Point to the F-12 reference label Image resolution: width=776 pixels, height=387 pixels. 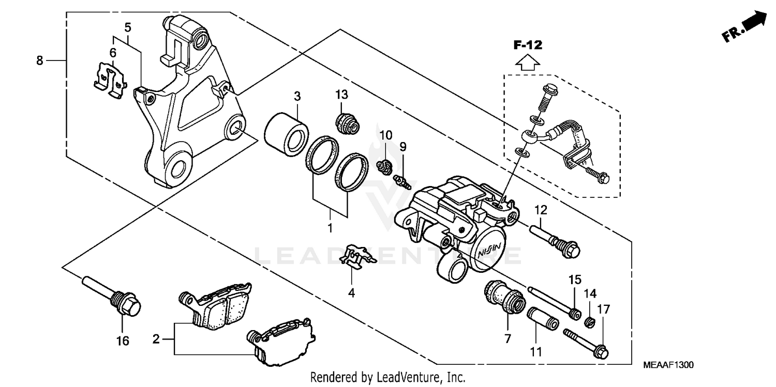pyautogui.click(x=527, y=45)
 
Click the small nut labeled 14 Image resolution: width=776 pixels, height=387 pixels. pyautogui.click(x=588, y=323)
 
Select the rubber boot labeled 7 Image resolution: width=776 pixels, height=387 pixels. pyautogui.click(x=504, y=299)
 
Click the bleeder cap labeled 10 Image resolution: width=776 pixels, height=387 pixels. pyautogui.click(x=383, y=167)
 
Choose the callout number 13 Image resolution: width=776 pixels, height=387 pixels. pyautogui.click(x=341, y=95)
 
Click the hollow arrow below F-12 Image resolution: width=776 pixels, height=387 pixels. pyautogui.click(x=528, y=63)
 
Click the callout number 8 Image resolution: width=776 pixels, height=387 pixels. pyautogui.click(x=39, y=60)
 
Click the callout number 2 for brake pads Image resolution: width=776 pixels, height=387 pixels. pyautogui.click(x=155, y=339)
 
